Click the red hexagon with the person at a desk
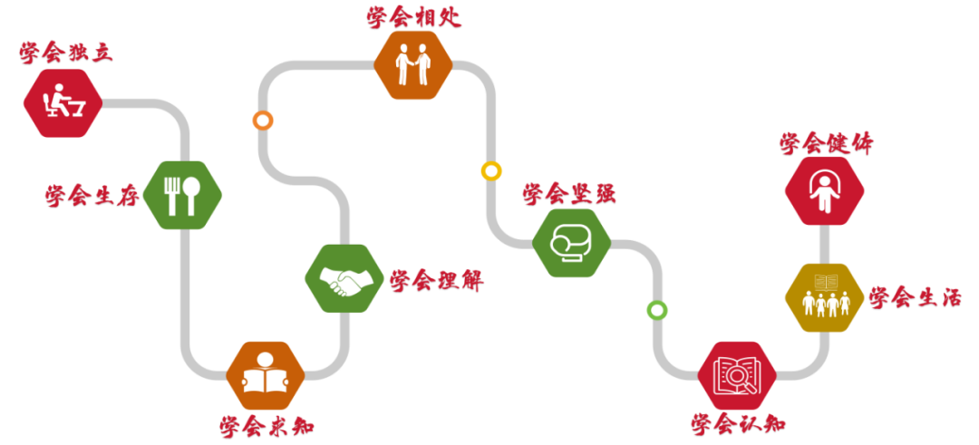[63, 102]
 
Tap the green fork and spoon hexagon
[182, 194]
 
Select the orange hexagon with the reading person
[266, 375]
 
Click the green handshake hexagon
[344, 278]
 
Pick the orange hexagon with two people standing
[413, 65]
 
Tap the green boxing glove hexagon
[571, 243]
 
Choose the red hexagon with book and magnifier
[738, 375]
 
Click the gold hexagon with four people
[824, 296]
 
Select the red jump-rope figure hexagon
[824, 190]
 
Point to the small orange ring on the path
[263, 121]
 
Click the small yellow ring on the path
[490, 170]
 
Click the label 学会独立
[66, 53]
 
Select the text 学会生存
[92, 196]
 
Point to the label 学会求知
[267, 425]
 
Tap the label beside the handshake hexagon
[437, 281]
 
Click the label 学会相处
[414, 17]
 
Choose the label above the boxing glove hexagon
[569, 193]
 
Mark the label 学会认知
[738, 423]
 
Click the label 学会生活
[915, 297]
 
